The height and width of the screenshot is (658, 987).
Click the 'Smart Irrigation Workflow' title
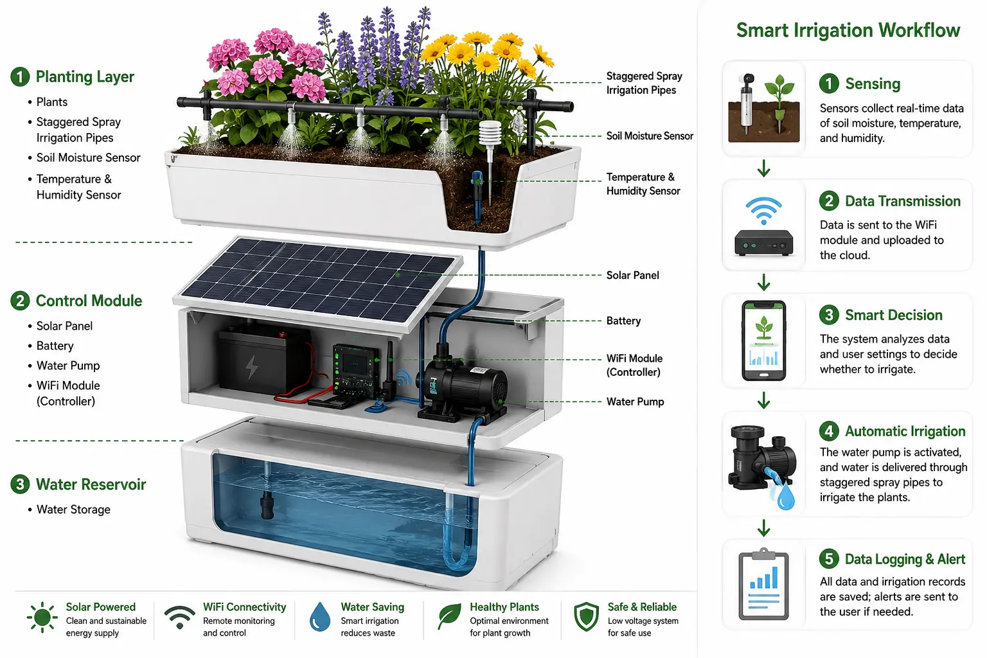848,30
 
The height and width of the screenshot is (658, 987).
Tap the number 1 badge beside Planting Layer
20,76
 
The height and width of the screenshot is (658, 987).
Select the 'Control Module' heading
89,301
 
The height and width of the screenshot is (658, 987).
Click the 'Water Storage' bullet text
73,510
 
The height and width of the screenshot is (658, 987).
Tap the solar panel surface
318,280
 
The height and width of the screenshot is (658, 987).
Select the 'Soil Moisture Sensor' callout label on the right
650,136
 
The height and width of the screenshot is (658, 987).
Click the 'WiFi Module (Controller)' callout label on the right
634,365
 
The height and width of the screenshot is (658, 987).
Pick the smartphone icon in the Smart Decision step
763,341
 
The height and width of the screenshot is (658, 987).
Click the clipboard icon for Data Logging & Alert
763,584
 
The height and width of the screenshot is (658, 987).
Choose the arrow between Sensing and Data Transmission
763,168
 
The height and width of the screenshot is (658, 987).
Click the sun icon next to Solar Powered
42,617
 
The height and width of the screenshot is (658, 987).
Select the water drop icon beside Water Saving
320,617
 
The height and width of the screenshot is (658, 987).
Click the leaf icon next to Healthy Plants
449,616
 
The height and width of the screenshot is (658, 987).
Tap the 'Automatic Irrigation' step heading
905,431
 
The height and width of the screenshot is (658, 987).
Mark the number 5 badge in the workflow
829,559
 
